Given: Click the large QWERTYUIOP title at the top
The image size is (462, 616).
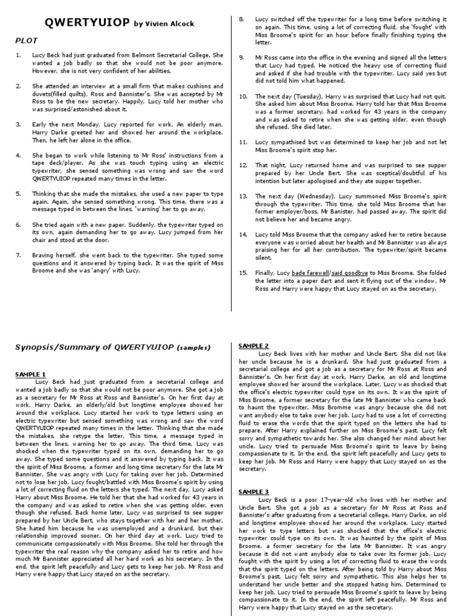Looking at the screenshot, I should coord(87,23).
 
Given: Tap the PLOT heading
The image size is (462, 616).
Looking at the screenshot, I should coord(26,40).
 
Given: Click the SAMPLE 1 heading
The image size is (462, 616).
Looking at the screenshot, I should coord(30,374).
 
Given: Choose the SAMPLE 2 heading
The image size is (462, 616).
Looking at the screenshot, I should coord(254,346).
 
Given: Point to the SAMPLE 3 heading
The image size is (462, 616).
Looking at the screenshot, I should coord(254,491).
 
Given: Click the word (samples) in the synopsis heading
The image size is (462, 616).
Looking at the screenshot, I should coord(194,348).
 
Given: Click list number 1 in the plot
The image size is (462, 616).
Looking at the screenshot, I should coord(18,54).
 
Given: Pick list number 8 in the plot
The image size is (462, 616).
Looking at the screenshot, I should coord(242,20).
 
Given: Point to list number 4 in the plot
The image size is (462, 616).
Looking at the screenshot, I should coord(18,155).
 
